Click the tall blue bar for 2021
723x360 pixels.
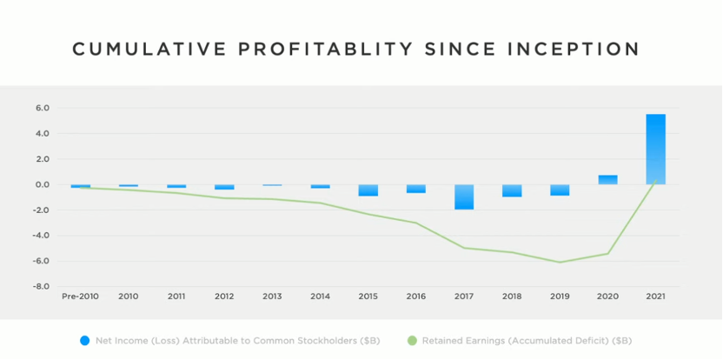655,150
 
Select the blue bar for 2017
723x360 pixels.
464,197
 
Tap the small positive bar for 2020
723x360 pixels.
607,180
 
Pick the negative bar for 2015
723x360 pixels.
368,190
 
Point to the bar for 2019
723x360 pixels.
560,190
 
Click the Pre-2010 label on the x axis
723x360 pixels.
81,297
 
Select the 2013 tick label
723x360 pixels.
272,297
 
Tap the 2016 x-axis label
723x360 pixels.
416,297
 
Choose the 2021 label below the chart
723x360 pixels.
655,297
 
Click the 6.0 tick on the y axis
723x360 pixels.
43,108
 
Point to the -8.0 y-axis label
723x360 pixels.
42,286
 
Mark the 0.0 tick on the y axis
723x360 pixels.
43,184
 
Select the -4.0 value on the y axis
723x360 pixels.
42,235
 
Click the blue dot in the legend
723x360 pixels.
84,338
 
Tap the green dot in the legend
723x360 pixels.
411,338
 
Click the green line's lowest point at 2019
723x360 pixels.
560,262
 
